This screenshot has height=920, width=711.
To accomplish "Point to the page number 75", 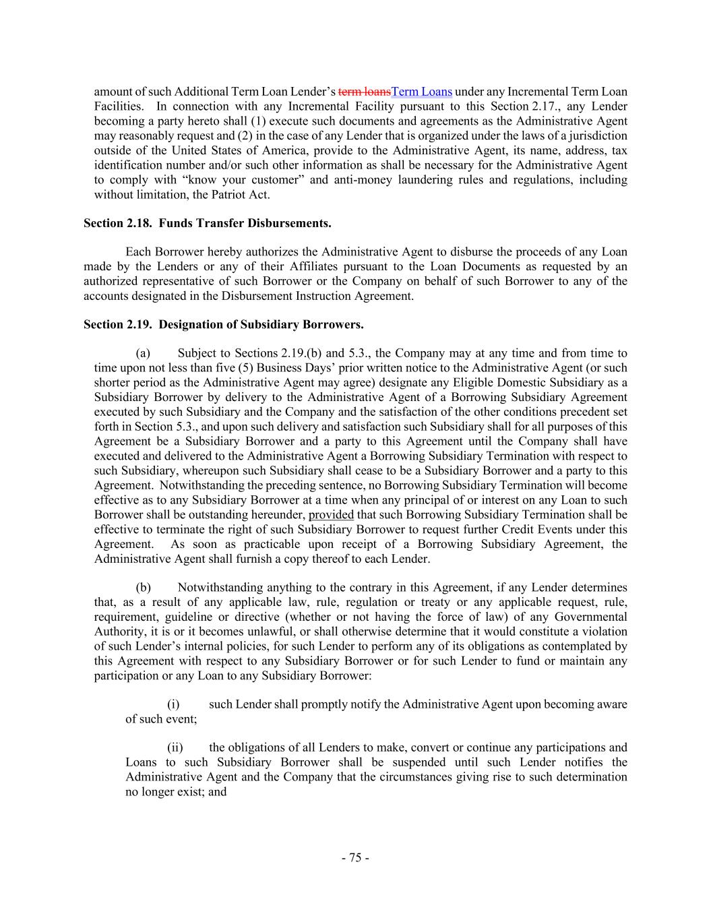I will (355, 858).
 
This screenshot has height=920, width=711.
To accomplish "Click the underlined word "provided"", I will (331, 515).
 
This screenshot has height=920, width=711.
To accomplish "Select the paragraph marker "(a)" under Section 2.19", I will (142, 353).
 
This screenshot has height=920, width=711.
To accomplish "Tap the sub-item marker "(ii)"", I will (175, 747).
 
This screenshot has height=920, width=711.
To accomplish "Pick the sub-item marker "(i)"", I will (173, 704).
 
